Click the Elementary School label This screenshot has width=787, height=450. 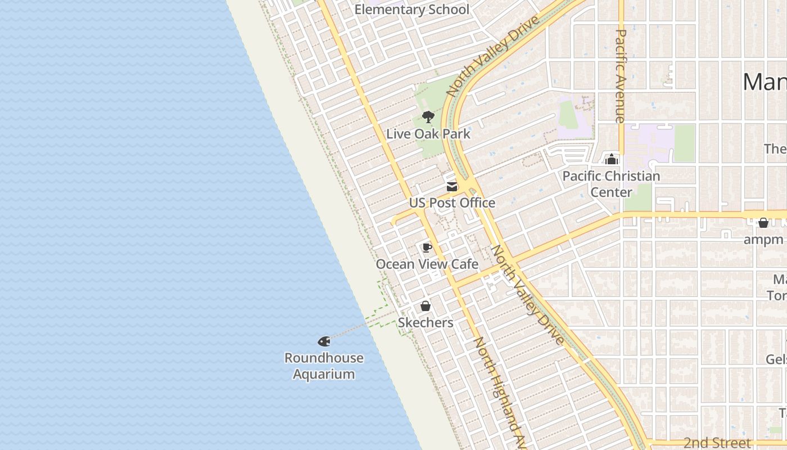[411, 10]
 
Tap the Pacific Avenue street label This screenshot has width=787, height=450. [621, 76]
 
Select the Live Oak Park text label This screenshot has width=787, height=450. [428, 134]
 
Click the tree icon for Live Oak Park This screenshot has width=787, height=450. [428, 117]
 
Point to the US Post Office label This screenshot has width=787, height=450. [452, 202]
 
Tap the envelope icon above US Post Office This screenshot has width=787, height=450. [452, 187]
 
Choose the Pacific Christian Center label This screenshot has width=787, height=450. [611, 184]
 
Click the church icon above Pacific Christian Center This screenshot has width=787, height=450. [612, 160]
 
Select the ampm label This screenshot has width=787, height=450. [763, 240]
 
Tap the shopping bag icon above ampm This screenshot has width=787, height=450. [763, 223]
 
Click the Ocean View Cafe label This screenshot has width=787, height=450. [427, 264]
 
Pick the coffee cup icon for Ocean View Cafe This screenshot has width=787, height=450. [427, 247]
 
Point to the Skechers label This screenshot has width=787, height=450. [426, 322]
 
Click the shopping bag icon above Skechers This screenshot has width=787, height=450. [426, 307]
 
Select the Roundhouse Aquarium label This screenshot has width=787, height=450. [324, 366]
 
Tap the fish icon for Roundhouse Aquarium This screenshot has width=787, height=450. [324, 341]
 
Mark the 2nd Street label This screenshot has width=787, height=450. [717, 443]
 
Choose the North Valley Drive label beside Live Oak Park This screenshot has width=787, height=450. [493, 56]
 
